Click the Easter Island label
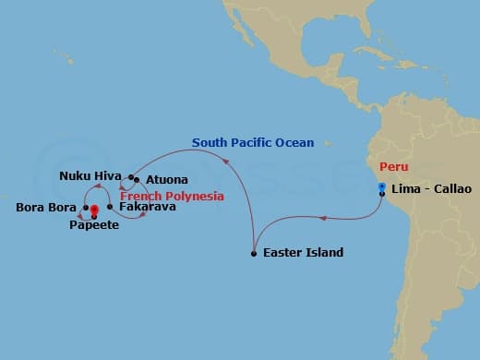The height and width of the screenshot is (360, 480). click(x=303, y=253)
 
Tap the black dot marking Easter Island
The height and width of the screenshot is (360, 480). click(x=254, y=253)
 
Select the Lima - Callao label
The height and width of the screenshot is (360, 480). click(x=431, y=189)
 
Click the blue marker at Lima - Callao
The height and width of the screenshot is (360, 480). click(x=382, y=187)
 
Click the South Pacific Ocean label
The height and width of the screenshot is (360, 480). click(x=253, y=143)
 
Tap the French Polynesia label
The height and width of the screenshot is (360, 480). click(x=173, y=196)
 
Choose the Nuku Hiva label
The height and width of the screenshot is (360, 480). click(x=87, y=175)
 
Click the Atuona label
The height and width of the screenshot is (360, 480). click(x=166, y=179)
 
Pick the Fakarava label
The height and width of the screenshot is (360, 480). click(x=147, y=207)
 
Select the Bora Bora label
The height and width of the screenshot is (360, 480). click(x=46, y=207)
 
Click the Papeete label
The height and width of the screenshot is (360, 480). click(x=94, y=225)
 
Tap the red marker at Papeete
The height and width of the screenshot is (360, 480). click(x=94, y=211)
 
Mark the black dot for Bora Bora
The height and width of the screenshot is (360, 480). click(x=85, y=208)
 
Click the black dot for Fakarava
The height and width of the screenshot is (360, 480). click(x=110, y=207)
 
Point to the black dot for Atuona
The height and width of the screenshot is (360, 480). click(x=136, y=180)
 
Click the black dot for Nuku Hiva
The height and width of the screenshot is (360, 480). click(x=127, y=175)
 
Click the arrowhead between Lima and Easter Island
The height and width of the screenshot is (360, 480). click(x=320, y=219)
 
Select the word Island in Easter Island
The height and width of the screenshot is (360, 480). click(x=324, y=253)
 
